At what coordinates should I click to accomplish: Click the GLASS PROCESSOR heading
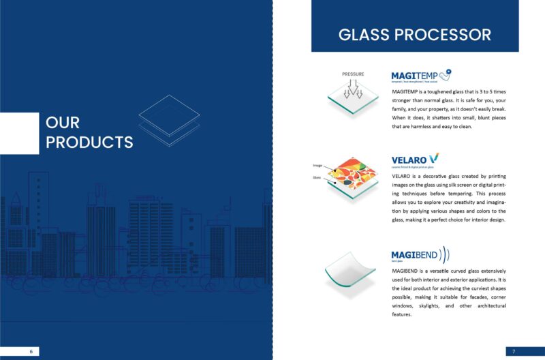click(x=414, y=35)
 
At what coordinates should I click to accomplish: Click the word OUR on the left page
click(x=63, y=123)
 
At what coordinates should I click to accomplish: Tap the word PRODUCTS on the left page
click(x=89, y=142)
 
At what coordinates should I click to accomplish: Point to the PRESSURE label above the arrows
click(x=353, y=74)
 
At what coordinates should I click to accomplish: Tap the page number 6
click(x=31, y=351)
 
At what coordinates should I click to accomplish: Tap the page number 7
click(x=514, y=351)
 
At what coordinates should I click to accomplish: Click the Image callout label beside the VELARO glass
click(x=317, y=166)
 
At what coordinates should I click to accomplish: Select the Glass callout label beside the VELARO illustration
click(x=317, y=177)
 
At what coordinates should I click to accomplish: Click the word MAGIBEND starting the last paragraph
click(x=407, y=271)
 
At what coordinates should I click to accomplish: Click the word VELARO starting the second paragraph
click(x=402, y=176)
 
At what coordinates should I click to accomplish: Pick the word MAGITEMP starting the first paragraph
click(x=406, y=91)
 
